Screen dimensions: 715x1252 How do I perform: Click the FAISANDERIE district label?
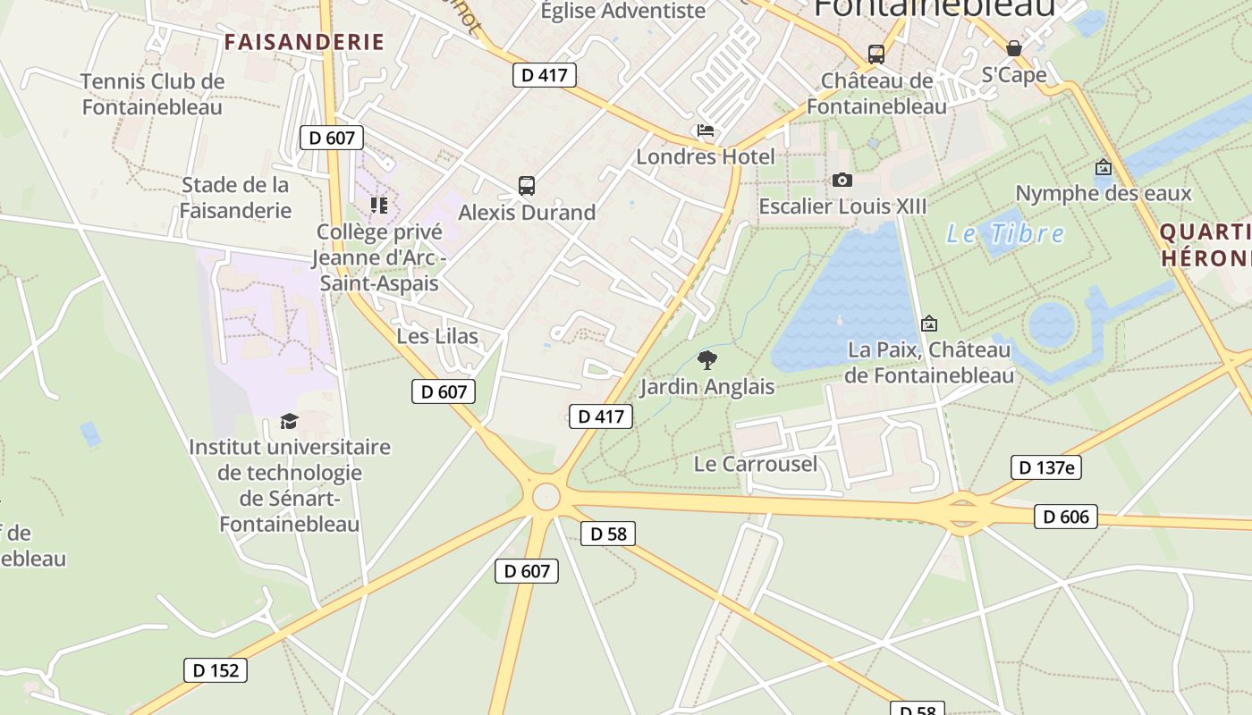[x=304, y=42]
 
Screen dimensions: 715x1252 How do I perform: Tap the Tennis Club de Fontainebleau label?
[x=152, y=94]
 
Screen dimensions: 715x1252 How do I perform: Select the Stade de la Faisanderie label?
[x=235, y=198]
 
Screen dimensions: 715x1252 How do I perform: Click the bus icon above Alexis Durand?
[x=527, y=186]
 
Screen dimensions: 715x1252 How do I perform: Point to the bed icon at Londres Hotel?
[x=706, y=131]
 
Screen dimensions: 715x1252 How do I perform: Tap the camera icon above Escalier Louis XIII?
[x=842, y=181]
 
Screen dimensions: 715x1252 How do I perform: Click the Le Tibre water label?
[x=1005, y=234]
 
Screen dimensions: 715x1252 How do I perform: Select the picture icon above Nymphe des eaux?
[x=1104, y=167]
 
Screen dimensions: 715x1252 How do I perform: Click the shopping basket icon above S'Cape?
[x=1014, y=48]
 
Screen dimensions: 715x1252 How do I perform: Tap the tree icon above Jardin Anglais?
[x=706, y=360]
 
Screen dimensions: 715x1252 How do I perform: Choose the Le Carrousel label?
[x=756, y=464]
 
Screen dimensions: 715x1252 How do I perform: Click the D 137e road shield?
[x=1046, y=467]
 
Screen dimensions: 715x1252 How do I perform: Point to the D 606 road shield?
[x=1065, y=516]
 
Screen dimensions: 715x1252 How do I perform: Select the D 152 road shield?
[x=216, y=670]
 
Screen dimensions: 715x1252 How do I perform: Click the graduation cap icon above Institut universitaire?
[x=289, y=420]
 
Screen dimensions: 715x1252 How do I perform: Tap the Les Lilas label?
[x=437, y=336]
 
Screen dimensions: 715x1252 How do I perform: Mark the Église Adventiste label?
[x=623, y=11]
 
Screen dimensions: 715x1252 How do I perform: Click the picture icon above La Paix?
[x=929, y=324]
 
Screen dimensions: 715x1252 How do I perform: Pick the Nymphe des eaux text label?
[x=1104, y=193]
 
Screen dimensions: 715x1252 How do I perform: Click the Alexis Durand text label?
[x=527, y=213]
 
